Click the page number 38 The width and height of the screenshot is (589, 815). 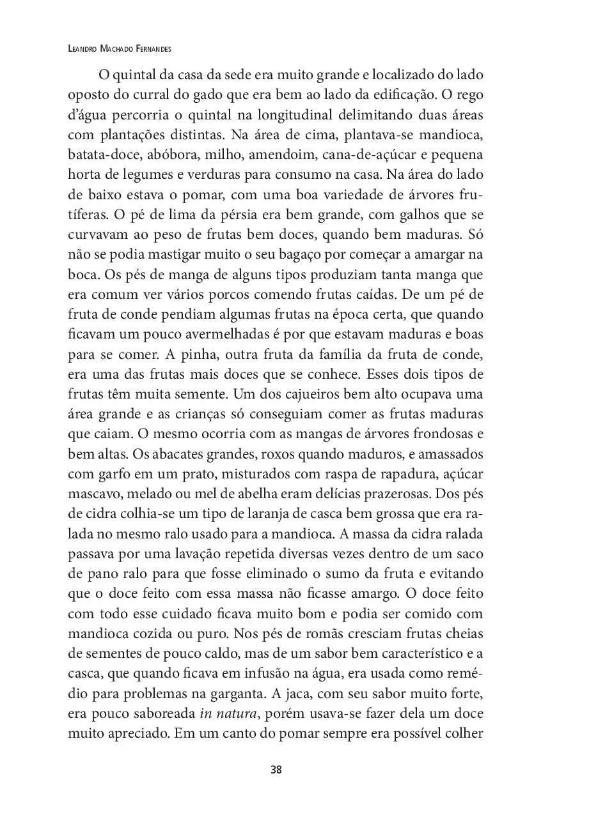276,769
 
